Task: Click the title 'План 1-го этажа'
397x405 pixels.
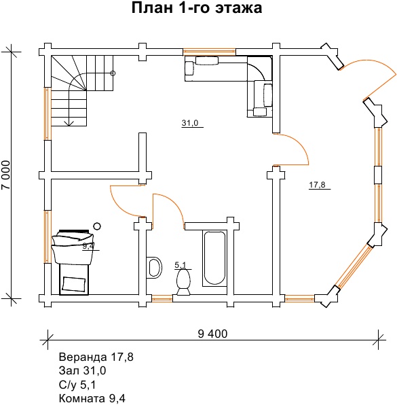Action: click(197, 7)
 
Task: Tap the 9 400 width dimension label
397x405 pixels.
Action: click(212, 334)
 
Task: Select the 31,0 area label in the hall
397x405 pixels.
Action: click(190, 123)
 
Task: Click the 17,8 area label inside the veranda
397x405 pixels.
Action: click(318, 185)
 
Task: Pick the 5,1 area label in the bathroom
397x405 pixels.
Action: click(181, 265)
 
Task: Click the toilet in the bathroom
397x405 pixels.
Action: click(183, 282)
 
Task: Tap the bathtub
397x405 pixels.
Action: click(214, 258)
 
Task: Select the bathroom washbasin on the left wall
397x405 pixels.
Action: click(154, 268)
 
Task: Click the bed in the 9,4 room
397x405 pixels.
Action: click(73, 262)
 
